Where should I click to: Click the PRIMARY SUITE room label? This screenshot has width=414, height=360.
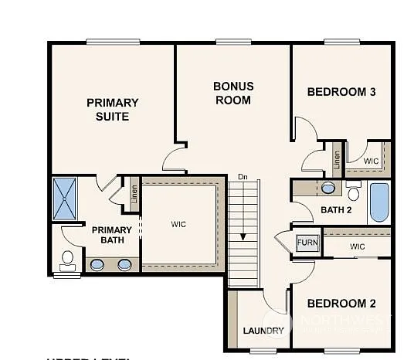click(112, 110)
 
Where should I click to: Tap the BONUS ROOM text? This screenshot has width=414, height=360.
click(233, 93)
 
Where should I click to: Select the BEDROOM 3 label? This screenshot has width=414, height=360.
click(341, 92)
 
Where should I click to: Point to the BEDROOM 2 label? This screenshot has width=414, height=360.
click(341, 303)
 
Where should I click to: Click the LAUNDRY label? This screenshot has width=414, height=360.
click(263, 331)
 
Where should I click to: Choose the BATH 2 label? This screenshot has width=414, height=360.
click(337, 209)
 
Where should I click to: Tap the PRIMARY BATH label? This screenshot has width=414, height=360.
click(112, 235)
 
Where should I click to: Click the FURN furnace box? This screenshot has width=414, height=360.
click(307, 243)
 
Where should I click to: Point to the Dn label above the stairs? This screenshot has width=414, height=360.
click(243, 176)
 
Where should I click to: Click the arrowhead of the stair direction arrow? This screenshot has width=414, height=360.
click(243, 237)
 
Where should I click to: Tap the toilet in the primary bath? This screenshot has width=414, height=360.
click(66, 258)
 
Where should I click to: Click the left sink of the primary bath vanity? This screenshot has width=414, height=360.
click(98, 265)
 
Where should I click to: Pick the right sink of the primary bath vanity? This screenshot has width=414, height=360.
click(124, 265)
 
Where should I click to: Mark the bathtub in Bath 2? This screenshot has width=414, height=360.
click(380, 202)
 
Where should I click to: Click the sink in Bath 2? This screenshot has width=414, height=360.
click(328, 188)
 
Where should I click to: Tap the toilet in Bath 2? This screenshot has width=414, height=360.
click(354, 190)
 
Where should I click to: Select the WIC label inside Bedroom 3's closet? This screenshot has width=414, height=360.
click(371, 161)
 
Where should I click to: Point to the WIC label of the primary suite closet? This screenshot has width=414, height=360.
click(178, 224)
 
